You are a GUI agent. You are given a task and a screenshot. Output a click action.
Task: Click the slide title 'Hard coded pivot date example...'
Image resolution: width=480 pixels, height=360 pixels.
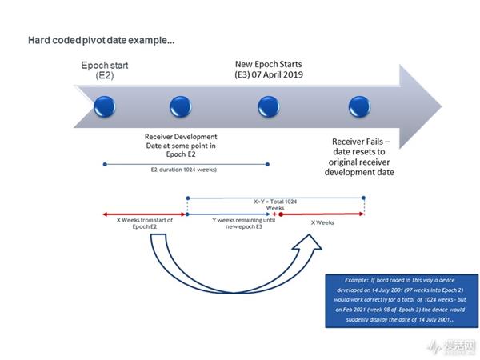click(x=102, y=40)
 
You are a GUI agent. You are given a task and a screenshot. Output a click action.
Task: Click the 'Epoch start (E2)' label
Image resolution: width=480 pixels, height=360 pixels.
click(x=106, y=70)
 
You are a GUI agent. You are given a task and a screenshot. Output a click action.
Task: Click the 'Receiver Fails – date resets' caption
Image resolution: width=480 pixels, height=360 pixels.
click(x=364, y=157)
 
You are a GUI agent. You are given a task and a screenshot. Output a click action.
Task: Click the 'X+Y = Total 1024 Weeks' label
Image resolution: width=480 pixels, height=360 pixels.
click(x=274, y=205)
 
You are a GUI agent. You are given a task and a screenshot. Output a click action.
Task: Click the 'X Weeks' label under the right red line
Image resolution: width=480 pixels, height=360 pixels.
click(x=321, y=223)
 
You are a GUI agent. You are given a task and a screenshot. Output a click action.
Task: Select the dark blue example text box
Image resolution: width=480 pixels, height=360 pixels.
click(x=402, y=300)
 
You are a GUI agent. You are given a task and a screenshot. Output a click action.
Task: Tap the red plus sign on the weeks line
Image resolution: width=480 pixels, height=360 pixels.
click(x=274, y=214)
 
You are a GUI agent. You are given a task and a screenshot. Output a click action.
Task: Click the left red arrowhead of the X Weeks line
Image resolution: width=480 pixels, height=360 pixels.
click(x=105, y=214)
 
